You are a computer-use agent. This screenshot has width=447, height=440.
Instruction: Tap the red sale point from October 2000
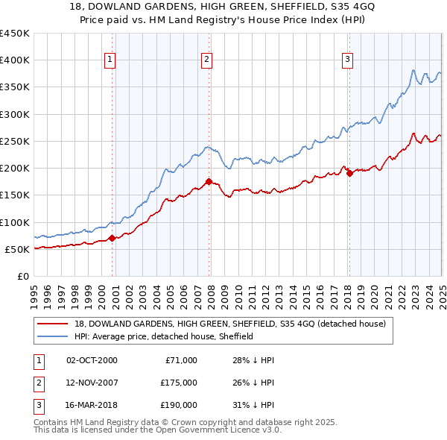tap(112, 238)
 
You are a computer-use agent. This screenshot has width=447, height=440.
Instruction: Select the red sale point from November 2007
tap(209, 181)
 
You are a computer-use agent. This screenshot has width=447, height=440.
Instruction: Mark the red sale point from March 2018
tap(349, 174)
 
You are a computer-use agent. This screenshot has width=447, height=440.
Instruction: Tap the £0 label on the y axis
tap(22, 276)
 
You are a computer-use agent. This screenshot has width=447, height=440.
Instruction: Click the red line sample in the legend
tap(53, 324)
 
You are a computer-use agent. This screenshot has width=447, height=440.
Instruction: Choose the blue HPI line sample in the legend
tap(53, 336)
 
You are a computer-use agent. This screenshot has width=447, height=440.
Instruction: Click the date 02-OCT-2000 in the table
tap(92, 360)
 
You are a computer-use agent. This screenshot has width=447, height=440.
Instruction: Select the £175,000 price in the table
tap(179, 383)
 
